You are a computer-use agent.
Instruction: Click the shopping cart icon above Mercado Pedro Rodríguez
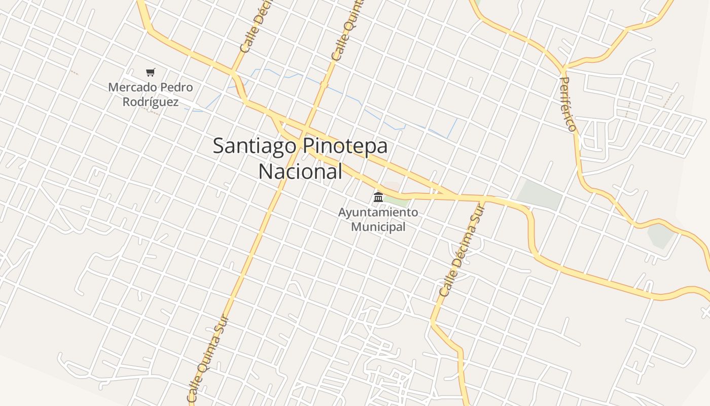click(150, 73)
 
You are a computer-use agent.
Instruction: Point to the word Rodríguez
click(151, 102)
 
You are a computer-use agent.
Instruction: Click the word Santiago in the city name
click(255, 146)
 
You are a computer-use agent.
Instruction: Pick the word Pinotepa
click(345, 146)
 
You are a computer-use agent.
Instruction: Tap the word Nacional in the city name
click(300, 172)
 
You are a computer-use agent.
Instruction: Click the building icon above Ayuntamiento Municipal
click(378, 197)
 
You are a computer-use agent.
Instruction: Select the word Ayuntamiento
click(378, 212)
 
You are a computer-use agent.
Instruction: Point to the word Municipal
click(378, 227)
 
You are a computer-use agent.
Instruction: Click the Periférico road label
click(568, 104)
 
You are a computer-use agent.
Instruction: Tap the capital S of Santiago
click(219, 147)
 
